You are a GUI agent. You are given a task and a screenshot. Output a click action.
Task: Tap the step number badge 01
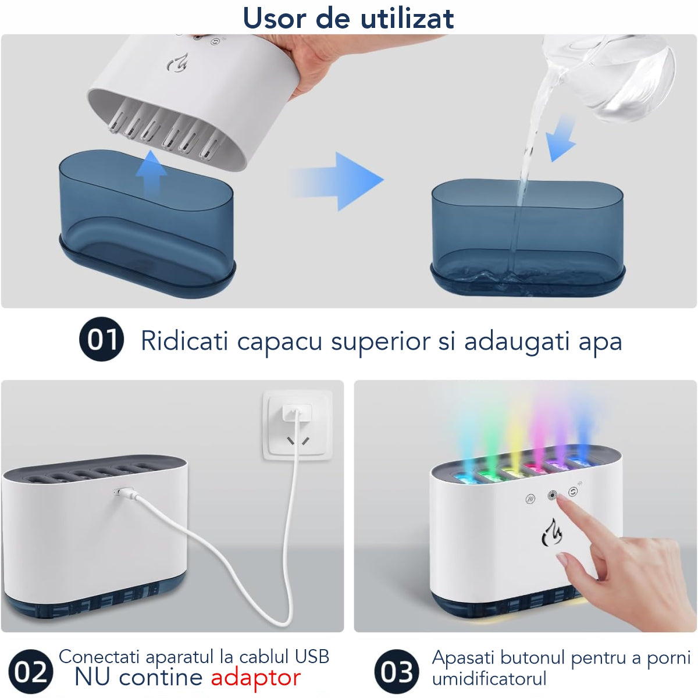click(x=101, y=339)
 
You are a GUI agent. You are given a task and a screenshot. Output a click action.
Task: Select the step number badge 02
click(x=31, y=672)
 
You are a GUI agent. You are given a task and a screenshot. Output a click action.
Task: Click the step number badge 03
click(x=397, y=672)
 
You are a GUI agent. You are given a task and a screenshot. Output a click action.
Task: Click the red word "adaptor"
click(x=256, y=678)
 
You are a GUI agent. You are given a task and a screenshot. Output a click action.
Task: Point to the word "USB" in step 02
click(x=312, y=657)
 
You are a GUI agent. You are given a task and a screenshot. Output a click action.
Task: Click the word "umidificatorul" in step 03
click(x=489, y=678)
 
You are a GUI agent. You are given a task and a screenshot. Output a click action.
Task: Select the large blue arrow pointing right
click(x=337, y=181)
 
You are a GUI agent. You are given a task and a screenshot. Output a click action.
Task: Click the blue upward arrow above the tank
click(x=151, y=174)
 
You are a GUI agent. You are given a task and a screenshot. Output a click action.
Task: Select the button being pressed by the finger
click(x=552, y=495)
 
